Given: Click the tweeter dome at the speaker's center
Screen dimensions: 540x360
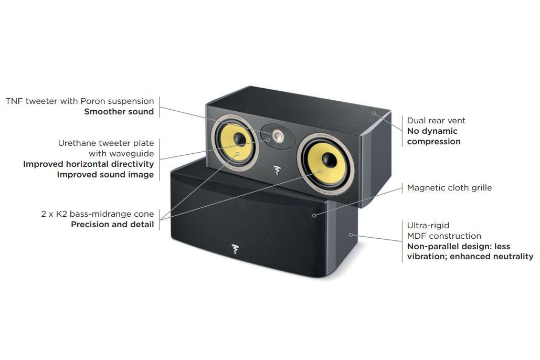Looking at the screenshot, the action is (x=278, y=135).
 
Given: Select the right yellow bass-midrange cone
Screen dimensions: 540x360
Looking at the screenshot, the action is (x=325, y=164).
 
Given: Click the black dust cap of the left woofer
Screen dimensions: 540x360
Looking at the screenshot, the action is (x=240, y=140).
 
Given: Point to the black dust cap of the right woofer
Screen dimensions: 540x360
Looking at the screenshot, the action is (x=330, y=160).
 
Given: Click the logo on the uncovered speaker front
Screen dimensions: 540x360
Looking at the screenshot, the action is (x=277, y=170).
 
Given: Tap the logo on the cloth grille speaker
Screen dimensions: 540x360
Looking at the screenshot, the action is (x=236, y=249).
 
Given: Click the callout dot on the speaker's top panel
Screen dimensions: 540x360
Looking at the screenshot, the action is (x=374, y=113).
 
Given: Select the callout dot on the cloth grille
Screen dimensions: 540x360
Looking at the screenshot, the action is (x=314, y=216).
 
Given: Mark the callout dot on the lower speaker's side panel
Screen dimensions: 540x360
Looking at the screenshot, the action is (x=351, y=235).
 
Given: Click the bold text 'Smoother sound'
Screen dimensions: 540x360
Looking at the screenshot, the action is (x=119, y=112).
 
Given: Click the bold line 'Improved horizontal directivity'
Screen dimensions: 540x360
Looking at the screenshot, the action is (x=88, y=164).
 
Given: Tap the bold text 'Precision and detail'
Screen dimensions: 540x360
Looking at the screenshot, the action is (x=112, y=225).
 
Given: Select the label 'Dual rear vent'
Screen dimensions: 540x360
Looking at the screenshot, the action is (x=436, y=121).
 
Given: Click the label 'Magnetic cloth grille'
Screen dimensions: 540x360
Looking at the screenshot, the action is (x=449, y=188).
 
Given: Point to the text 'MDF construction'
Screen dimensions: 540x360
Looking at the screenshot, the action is (x=444, y=236).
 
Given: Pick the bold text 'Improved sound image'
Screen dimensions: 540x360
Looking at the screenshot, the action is (x=105, y=175).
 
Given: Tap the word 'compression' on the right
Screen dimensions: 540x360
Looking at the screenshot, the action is (x=433, y=142).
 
